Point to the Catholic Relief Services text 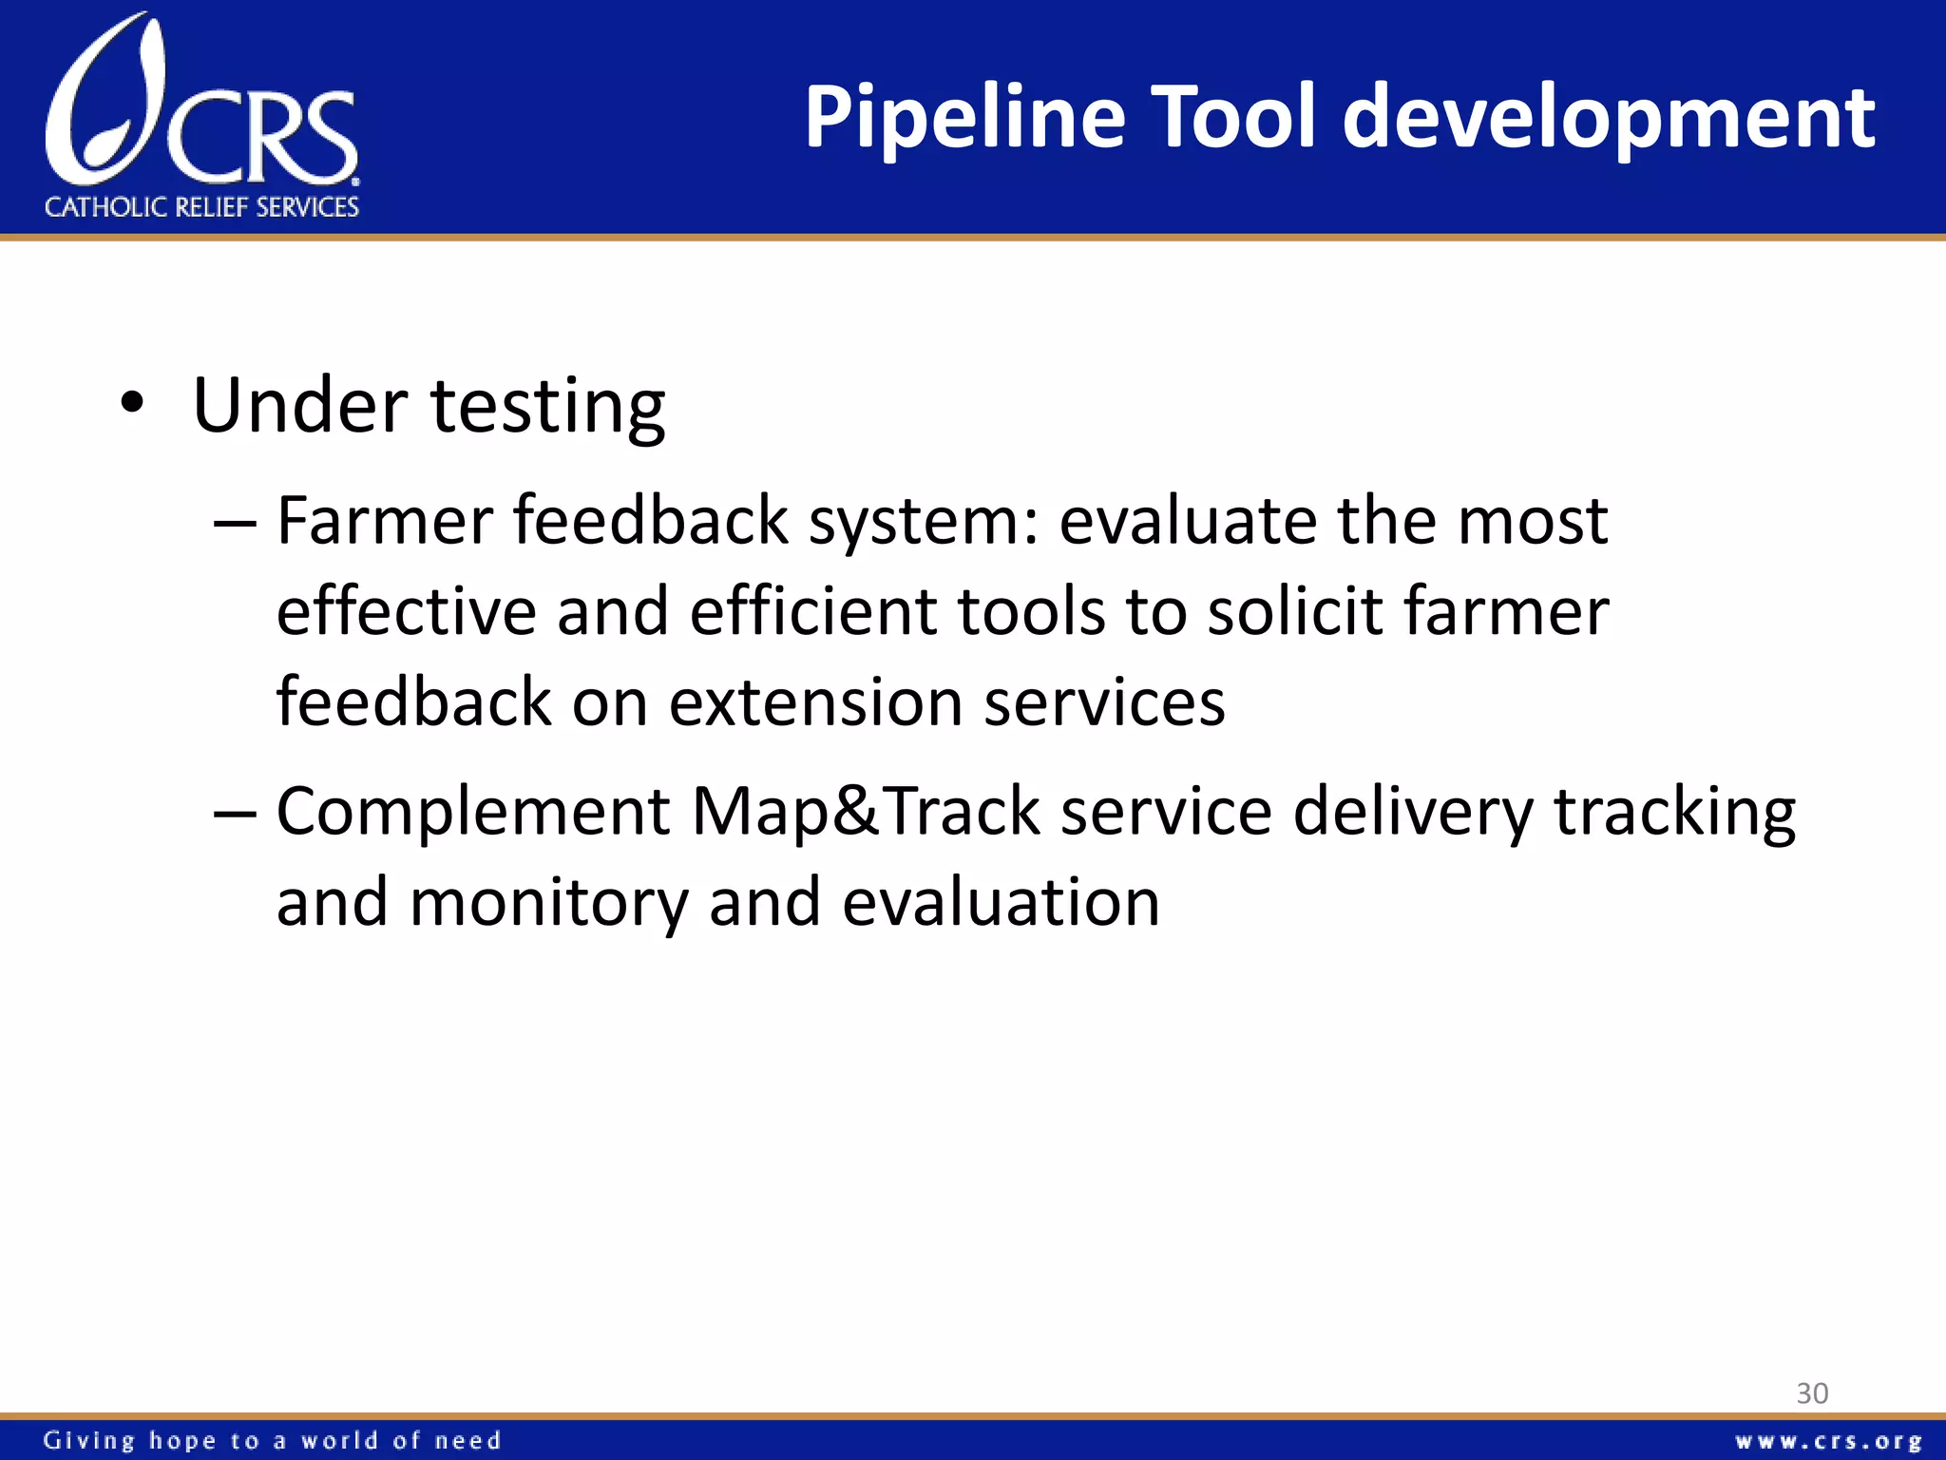(201, 207)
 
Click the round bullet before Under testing (132, 404)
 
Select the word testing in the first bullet (547, 407)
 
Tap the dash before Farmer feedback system (235, 522)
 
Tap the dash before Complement (235, 813)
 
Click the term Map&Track (865, 812)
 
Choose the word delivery (1412, 814)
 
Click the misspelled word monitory (548, 903)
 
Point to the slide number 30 (1812, 1393)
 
